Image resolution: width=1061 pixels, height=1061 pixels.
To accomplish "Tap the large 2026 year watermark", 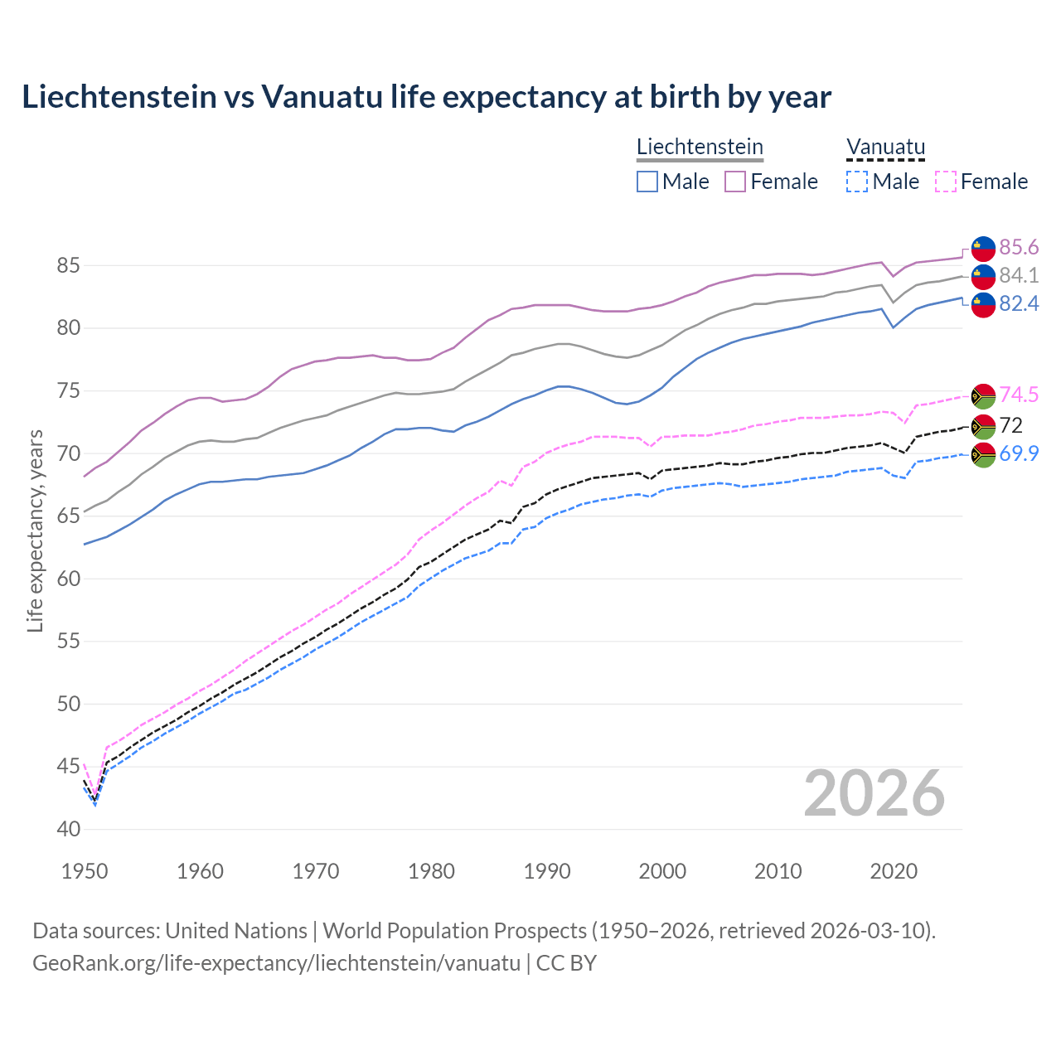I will [x=874, y=793].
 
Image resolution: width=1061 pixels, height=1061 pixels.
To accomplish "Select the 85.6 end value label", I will [x=1019, y=247].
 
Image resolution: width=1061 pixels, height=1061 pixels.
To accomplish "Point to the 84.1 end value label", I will [x=1019, y=275].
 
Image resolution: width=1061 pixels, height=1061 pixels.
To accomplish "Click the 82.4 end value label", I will [x=1019, y=303].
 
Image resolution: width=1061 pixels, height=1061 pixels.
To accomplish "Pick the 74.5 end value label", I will [x=1019, y=395].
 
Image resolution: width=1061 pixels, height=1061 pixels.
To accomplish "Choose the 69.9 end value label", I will [x=1019, y=453].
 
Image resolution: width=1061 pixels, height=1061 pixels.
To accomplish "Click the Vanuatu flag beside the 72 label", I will [x=983, y=426].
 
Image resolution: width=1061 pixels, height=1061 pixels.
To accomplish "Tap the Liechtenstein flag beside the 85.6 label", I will [x=983, y=248].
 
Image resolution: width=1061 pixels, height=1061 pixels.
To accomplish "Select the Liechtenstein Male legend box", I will [x=647, y=182].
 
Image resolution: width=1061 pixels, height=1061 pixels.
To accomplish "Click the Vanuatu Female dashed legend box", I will [x=946, y=182].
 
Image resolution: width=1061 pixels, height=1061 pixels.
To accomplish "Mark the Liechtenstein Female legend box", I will [x=735, y=182].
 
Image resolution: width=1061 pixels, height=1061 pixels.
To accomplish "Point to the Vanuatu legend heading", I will [x=885, y=148].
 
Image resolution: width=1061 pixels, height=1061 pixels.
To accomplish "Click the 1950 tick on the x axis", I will [x=85, y=871].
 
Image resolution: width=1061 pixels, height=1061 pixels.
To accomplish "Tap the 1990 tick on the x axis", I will [x=547, y=871].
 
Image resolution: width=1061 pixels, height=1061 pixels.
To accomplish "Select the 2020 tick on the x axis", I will [x=894, y=871].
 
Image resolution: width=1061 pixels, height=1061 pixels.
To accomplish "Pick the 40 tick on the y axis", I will [x=69, y=829].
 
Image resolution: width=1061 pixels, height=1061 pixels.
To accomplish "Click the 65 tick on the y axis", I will [x=69, y=516].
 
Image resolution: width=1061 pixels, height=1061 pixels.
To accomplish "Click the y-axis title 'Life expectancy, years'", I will [x=35, y=530].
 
